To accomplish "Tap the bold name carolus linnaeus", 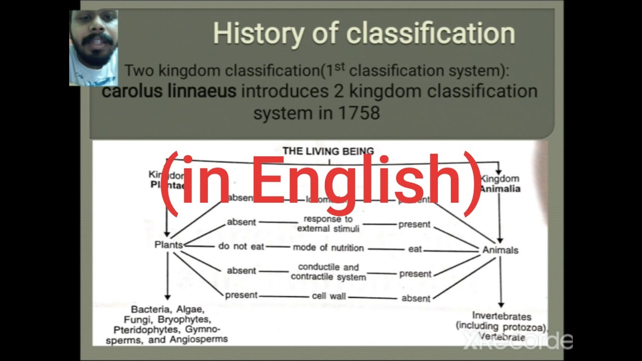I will click(169, 92).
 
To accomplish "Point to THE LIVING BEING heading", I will click(328, 151).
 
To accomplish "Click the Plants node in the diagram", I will click(169, 245).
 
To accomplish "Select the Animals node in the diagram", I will click(500, 250).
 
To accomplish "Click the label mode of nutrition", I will click(329, 248).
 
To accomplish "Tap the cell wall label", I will click(329, 296).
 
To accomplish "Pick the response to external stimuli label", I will click(328, 224).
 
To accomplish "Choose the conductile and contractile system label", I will click(329, 272).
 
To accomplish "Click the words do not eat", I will click(241, 246).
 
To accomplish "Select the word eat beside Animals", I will click(415, 249).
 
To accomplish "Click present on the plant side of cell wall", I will click(241, 295).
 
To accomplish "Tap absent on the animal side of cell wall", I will click(416, 298).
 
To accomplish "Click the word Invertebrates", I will click(501, 316).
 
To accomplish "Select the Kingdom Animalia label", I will click(500, 184).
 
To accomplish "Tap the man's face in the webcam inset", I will click(93, 40).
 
